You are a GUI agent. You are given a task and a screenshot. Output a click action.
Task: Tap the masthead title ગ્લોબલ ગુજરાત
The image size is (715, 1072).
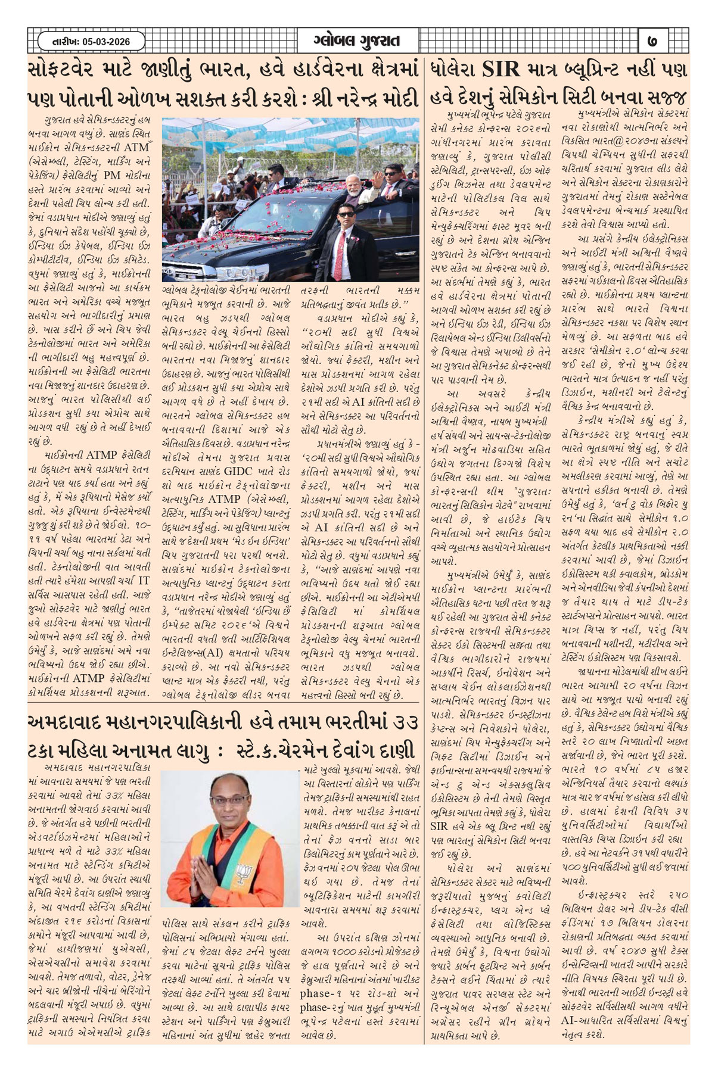pos(356,41)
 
